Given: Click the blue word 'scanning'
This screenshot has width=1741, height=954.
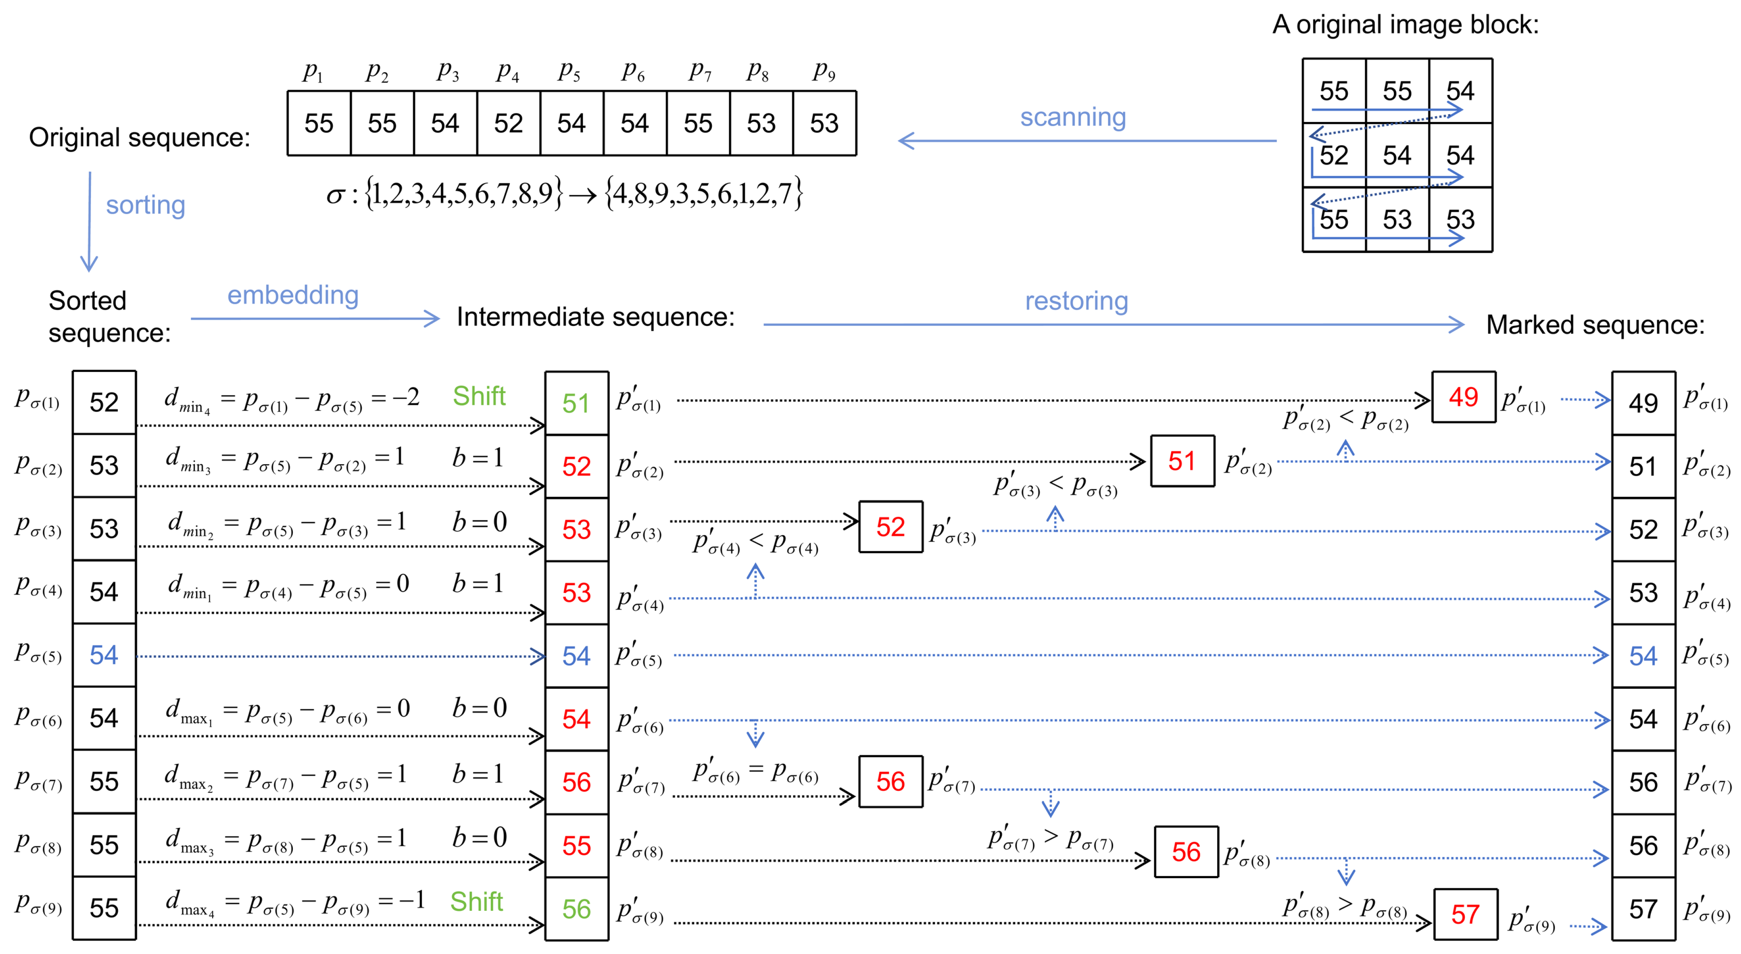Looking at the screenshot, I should (x=1072, y=117).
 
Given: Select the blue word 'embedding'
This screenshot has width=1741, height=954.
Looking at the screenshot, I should (x=292, y=295).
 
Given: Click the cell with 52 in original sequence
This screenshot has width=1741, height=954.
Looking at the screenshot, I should (x=508, y=124).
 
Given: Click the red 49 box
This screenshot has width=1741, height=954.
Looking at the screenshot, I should (x=1463, y=397).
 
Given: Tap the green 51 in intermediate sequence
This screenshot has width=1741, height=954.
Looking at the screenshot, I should (x=576, y=403).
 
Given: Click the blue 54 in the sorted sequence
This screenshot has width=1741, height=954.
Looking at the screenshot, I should (x=104, y=655).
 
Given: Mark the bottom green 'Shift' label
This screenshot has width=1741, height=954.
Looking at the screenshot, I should (x=476, y=901).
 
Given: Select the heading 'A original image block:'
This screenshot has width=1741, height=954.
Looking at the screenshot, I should (x=1405, y=25).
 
